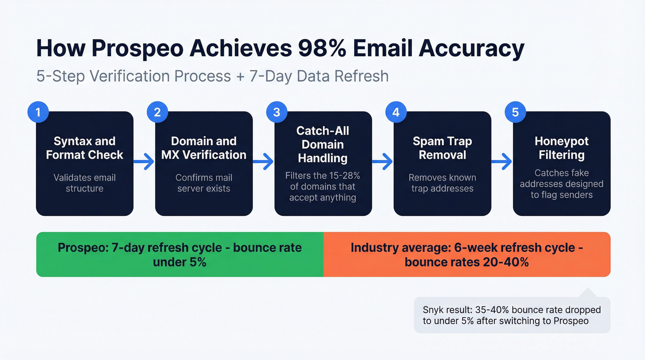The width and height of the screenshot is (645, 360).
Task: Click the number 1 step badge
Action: point(38,112)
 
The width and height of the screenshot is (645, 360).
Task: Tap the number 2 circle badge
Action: point(158,112)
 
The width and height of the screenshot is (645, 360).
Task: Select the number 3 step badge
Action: point(277,112)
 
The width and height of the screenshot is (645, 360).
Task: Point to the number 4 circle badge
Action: point(396,112)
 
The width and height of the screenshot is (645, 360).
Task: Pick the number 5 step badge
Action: point(516,112)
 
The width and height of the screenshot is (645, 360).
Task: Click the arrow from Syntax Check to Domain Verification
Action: point(144,162)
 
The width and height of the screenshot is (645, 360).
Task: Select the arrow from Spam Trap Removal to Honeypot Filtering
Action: point(502,162)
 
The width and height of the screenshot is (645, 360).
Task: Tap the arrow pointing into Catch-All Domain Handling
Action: point(263,162)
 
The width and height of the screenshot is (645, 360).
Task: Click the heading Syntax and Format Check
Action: point(84,148)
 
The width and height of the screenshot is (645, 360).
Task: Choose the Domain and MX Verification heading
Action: point(204,148)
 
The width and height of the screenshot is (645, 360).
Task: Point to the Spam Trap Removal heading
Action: point(442,148)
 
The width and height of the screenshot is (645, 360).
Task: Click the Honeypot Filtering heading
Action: point(562,148)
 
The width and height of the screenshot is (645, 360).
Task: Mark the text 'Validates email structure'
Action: point(84,183)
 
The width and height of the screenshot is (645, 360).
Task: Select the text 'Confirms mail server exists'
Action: point(204,183)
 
